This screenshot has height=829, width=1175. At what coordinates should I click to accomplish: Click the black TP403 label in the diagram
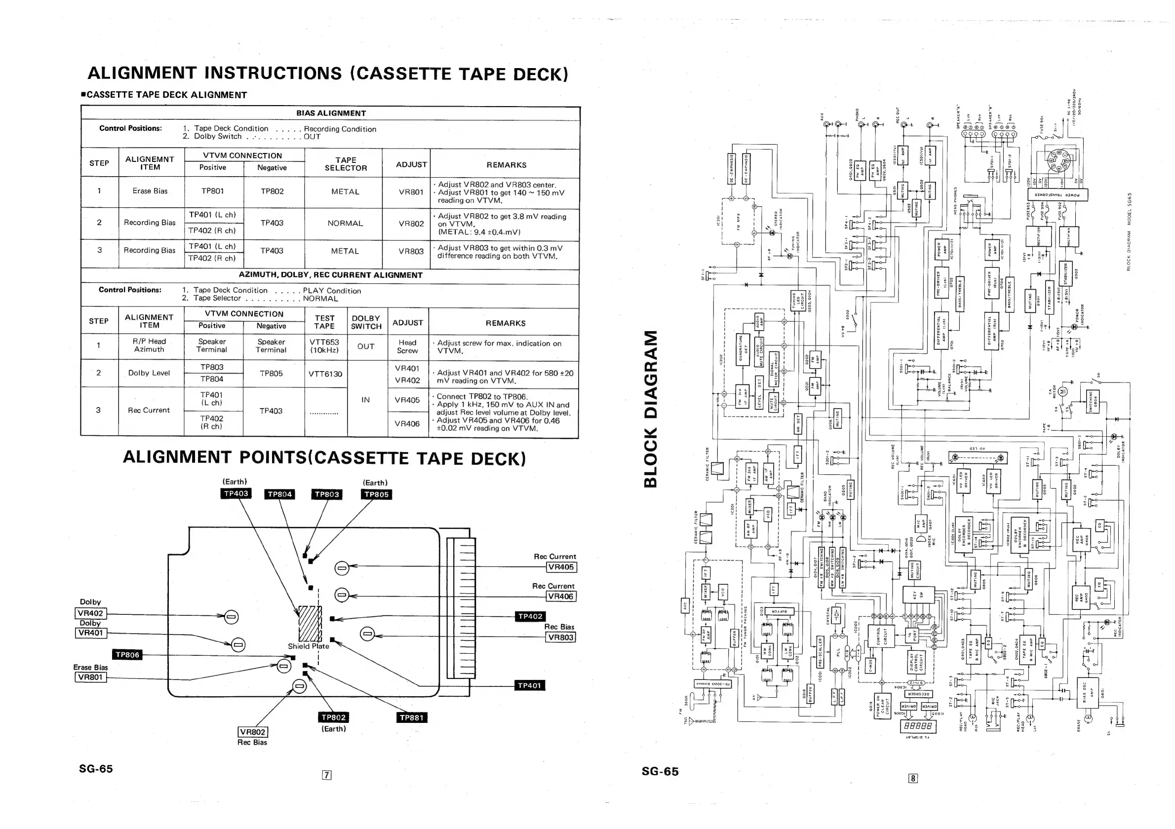pyautogui.click(x=236, y=493)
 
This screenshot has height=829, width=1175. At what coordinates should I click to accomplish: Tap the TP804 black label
pyautogui.click(x=279, y=494)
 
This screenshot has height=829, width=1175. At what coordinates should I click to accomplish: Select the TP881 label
pyautogui.click(x=411, y=717)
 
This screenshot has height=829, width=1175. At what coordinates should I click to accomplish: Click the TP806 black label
pyautogui.click(x=127, y=655)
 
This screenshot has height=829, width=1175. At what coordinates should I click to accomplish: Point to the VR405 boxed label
pyautogui.click(x=561, y=566)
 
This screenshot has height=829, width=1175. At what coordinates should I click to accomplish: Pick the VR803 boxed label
pyautogui.click(x=560, y=637)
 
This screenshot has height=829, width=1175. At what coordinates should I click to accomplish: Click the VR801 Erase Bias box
pyautogui.click(x=90, y=677)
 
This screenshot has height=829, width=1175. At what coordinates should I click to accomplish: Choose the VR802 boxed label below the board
pyautogui.click(x=253, y=732)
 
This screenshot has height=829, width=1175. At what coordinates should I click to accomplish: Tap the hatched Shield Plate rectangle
pyautogui.click(x=310, y=623)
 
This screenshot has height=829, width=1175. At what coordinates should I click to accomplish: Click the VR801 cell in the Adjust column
pyautogui.click(x=411, y=192)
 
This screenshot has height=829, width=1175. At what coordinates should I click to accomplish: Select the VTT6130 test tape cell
pyautogui.click(x=325, y=374)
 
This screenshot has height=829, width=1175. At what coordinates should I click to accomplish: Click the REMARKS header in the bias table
pyautogui.click(x=506, y=165)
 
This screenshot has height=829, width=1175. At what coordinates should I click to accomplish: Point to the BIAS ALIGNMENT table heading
pyautogui.click(x=331, y=113)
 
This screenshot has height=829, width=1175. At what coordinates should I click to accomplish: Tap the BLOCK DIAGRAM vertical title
pyautogui.click(x=650, y=409)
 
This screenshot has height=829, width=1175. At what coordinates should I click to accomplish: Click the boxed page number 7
pyautogui.click(x=326, y=775)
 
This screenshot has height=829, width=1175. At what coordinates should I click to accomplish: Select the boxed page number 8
pyautogui.click(x=913, y=778)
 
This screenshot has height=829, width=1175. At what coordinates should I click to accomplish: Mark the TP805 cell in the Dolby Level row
pyautogui.click(x=271, y=374)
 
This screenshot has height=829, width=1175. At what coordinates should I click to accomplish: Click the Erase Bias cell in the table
pyautogui.click(x=150, y=191)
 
